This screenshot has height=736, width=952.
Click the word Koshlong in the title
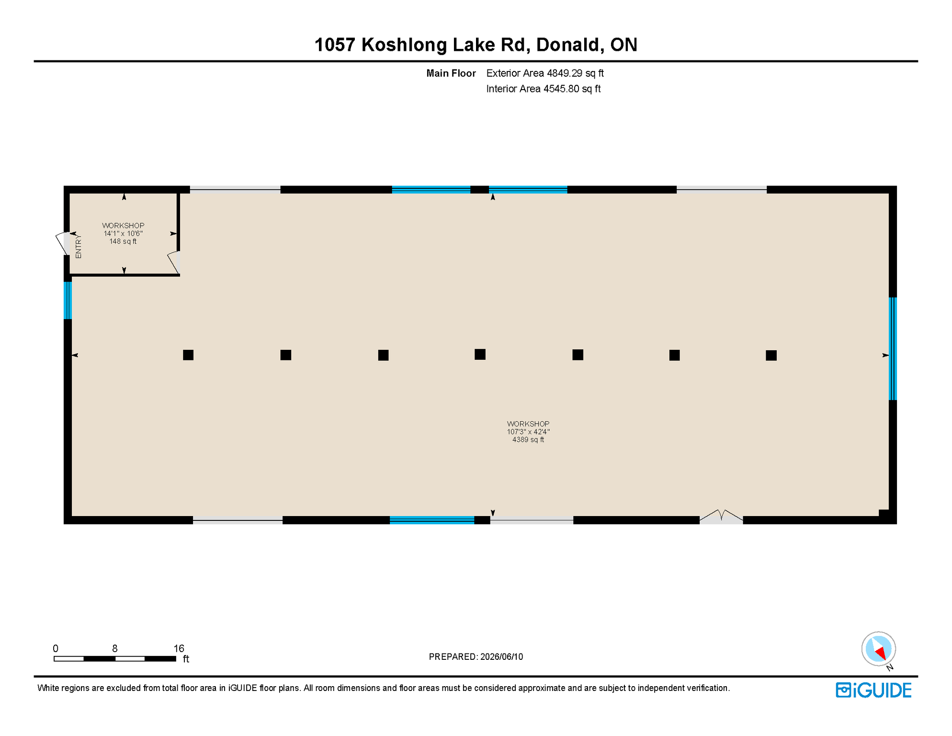click(405, 45)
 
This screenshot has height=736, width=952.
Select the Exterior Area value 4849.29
click(565, 73)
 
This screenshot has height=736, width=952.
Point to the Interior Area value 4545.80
click(561, 89)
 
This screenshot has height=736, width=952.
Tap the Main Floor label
click(451, 73)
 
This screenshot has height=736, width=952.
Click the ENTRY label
click(79, 247)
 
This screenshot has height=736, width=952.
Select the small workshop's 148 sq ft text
click(123, 241)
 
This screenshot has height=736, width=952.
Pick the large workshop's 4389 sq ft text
click(528, 440)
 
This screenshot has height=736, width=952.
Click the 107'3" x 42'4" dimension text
click(528, 432)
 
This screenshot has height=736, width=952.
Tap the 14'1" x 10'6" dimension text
click(123, 233)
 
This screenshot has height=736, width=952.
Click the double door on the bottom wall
click(721, 516)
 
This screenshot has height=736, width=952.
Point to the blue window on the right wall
click(893, 349)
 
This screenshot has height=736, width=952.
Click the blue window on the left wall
click(68, 300)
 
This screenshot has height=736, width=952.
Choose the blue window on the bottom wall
click(432, 520)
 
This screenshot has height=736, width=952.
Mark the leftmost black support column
click(188, 355)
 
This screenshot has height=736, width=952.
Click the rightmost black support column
click(771, 356)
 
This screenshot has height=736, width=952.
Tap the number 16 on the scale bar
click(179, 649)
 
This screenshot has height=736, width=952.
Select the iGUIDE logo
click(873, 690)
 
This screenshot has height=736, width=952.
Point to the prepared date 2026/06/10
click(501, 657)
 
